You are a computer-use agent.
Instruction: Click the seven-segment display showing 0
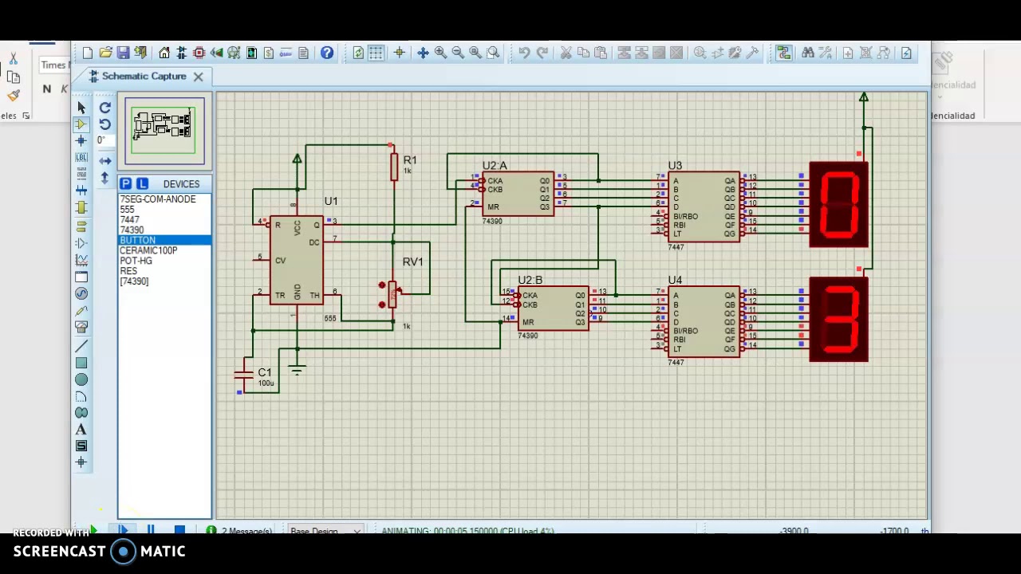(x=838, y=204)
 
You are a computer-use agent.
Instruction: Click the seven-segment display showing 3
(x=838, y=320)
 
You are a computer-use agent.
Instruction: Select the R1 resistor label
(x=409, y=160)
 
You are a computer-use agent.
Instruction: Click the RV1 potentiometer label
(x=412, y=261)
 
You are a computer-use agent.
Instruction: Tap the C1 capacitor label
(x=265, y=372)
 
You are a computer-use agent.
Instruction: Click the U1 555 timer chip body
(x=296, y=259)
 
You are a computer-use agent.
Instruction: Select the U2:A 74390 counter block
(x=517, y=194)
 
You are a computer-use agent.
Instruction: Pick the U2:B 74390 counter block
(x=553, y=309)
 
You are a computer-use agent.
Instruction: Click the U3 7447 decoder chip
(x=703, y=206)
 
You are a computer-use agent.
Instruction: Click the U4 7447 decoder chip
(x=703, y=321)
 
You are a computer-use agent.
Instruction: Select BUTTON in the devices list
(x=138, y=240)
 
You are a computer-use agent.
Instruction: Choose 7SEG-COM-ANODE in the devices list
(x=157, y=199)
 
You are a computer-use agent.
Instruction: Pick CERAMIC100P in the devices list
(x=148, y=250)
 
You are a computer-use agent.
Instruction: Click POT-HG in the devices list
(x=136, y=261)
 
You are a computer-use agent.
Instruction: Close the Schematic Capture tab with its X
(x=198, y=77)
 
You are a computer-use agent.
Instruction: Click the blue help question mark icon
(x=327, y=53)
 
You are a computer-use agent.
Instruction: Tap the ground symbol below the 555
(x=297, y=370)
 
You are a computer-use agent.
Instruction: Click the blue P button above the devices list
(x=125, y=184)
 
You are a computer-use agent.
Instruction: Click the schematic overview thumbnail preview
(x=164, y=130)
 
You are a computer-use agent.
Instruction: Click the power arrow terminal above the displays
(x=863, y=97)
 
